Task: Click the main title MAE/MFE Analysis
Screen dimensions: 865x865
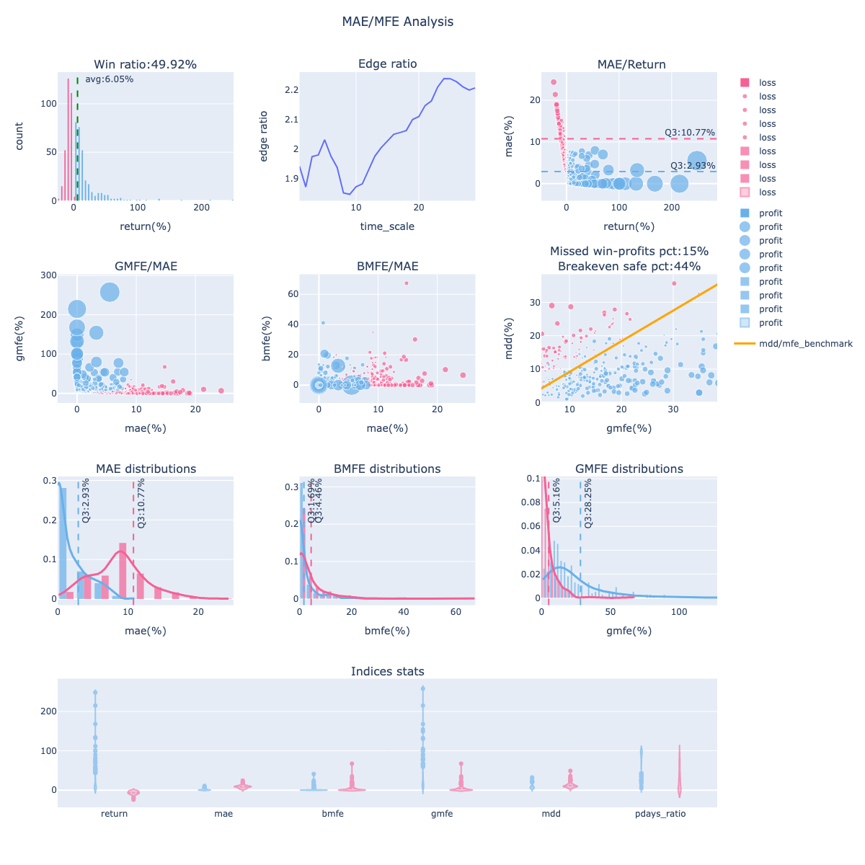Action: coord(398,22)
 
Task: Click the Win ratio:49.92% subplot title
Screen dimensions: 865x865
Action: coord(145,64)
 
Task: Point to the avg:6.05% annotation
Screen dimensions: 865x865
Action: coord(109,79)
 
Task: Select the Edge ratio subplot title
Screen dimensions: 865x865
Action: coord(387,64)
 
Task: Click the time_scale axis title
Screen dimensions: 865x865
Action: coord(387,226)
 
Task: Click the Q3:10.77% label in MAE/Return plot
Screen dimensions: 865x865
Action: coord(689,133)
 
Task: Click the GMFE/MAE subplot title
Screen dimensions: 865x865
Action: coord(146,266)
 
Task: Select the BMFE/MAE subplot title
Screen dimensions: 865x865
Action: coord(387,266)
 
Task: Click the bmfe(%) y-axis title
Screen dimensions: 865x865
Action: coord(266,339)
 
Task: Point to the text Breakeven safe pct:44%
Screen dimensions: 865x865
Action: coord(629,266)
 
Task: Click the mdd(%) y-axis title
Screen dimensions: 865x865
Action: coord(508,339)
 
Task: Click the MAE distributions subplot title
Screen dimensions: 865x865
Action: coord(146,469)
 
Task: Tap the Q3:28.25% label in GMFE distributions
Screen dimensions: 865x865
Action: coord(588,503)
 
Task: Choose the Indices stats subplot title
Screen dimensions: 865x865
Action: coord(387,671)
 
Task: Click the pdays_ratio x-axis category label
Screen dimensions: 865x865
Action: coord(660,814)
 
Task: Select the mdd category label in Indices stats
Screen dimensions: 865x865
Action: coord(551,814)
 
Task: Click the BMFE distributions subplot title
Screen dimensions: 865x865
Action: coord(387,469)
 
